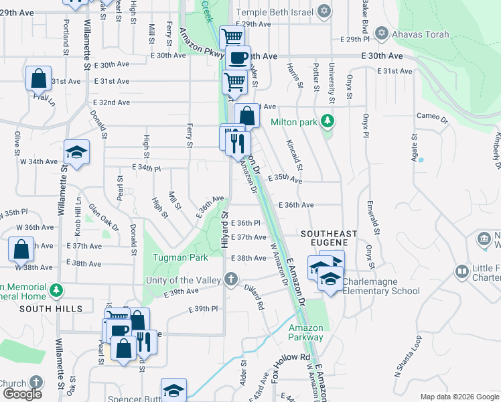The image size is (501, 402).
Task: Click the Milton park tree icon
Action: click(328, 121)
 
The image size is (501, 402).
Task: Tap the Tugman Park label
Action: click(174, 258)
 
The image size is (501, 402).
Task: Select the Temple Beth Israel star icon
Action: click(324, 11)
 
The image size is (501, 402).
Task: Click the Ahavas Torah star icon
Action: click(382, 32)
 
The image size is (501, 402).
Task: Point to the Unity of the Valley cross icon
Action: click(231, 279)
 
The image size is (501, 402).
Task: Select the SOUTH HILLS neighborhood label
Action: click(51, 309)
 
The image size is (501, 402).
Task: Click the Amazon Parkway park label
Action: click(306, 332)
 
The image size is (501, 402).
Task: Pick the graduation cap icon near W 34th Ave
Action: click(76, 151)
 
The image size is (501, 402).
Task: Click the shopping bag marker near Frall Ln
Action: click(38, 78)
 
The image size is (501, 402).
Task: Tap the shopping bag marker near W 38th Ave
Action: click(21, 249)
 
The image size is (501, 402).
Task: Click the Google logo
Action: click(22, 393)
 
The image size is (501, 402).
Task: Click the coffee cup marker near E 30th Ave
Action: click(238, 57)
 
